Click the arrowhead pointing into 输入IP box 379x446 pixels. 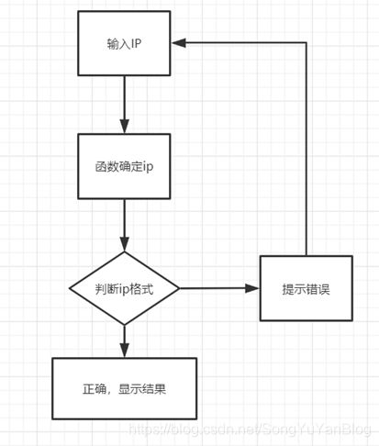pyautogui.click(x=179, y=43)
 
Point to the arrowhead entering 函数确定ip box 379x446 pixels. pyautogui.click(x=124, y=126)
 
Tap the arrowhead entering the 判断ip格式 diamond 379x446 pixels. pyautogui.click(x=124, y=244)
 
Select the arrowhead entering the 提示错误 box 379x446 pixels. pyautogui.click(x=252, y=288)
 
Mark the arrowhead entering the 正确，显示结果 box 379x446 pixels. pyautogui.click(x=124, y=351)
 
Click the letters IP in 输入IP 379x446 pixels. pyautogui.click(x=137, y=44)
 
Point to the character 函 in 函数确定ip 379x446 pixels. pyautogui.click(x=101, y=167)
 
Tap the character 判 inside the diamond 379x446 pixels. pyautogui.click(x=101, y=289)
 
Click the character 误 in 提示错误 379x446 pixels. pyautogui.click(x=324, y=289)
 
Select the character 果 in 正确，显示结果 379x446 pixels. pyautogui.click(x=160, y=389)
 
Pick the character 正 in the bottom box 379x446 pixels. pyautogui.click(x=89, y=389)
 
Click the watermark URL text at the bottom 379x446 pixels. pyautogui.click(x=250, y=429)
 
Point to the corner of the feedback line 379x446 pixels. pyautogui.click(x=307, y=43)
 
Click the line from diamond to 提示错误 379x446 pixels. pyautogui.click(x=219, y=288)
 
